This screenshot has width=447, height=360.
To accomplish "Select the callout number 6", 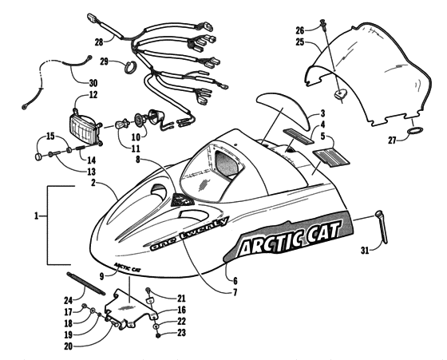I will coord(235,280).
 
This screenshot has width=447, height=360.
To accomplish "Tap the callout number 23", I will coord(181,332).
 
